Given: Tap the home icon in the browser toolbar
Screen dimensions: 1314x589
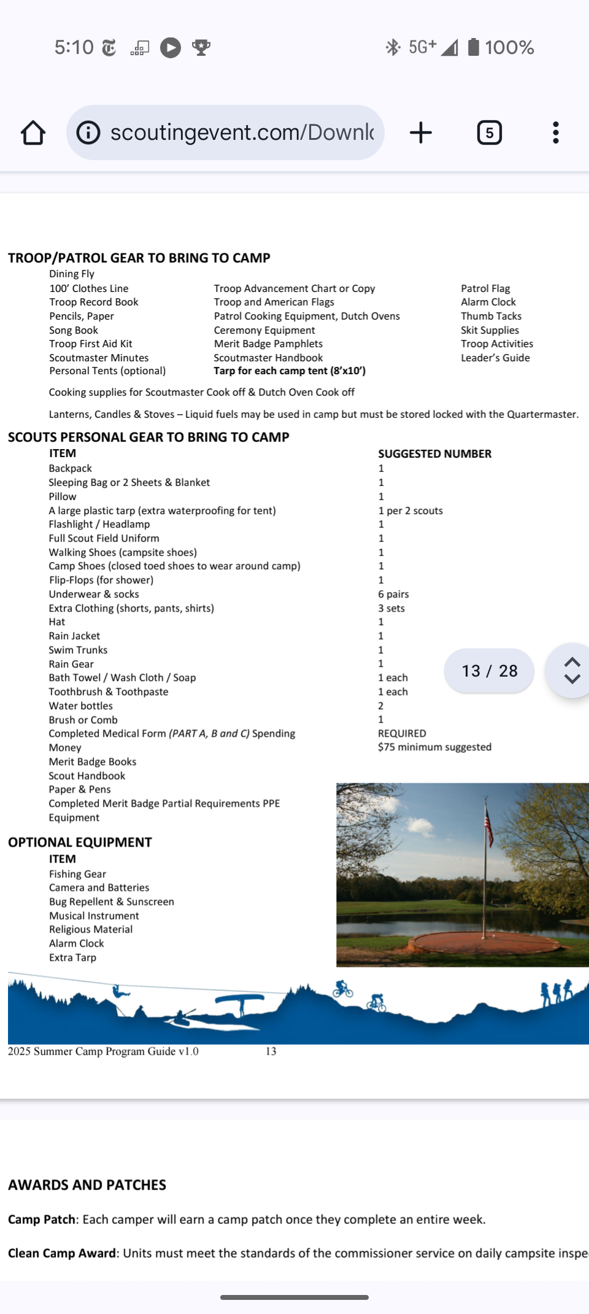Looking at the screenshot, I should pos(33,133).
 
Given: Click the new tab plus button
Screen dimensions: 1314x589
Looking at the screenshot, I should pos(421,133).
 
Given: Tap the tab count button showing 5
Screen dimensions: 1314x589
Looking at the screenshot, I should pos(489,133).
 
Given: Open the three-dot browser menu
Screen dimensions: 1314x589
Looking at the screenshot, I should pos(555,133).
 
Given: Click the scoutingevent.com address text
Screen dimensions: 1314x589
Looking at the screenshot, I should pos(242,133).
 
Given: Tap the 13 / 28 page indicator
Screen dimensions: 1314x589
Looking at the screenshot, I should pos(489,670).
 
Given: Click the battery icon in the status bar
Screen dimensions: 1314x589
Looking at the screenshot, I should pos(473,47).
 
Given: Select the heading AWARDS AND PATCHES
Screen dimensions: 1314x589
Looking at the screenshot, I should pos(87,1185).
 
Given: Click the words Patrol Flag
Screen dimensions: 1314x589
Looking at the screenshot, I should pos(485,288).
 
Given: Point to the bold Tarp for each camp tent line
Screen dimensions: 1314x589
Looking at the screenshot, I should pos(290,371).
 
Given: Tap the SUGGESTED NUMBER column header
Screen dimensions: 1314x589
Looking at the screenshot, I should pos(434,454).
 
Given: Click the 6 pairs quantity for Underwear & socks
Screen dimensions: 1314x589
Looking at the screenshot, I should pos(393,594).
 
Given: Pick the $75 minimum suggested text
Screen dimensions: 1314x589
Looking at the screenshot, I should pos(434,747).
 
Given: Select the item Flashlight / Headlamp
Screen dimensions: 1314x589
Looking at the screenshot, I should pos(99,524).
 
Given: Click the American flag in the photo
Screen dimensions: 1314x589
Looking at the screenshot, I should pos(489,826).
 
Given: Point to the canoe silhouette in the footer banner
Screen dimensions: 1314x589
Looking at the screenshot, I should pos(239,1002).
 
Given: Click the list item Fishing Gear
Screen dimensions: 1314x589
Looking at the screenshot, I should pos(77,874).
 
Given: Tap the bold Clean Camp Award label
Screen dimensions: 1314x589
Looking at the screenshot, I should pos(62,1253).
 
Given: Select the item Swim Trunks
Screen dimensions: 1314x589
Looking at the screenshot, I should pos(78,650).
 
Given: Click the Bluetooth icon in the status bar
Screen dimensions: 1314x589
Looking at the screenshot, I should pos(393,47).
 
